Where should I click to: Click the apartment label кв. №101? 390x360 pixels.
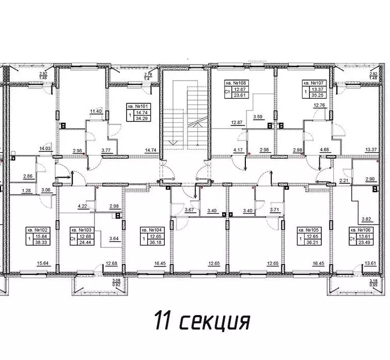click(x=138, y=105)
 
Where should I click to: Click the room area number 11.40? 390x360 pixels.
click(x=96, y=112)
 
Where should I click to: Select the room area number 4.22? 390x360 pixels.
click(x=82, y=207)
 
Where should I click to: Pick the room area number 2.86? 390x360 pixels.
click(x=29, y=177)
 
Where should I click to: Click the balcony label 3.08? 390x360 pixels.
click(x=116, y=280)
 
